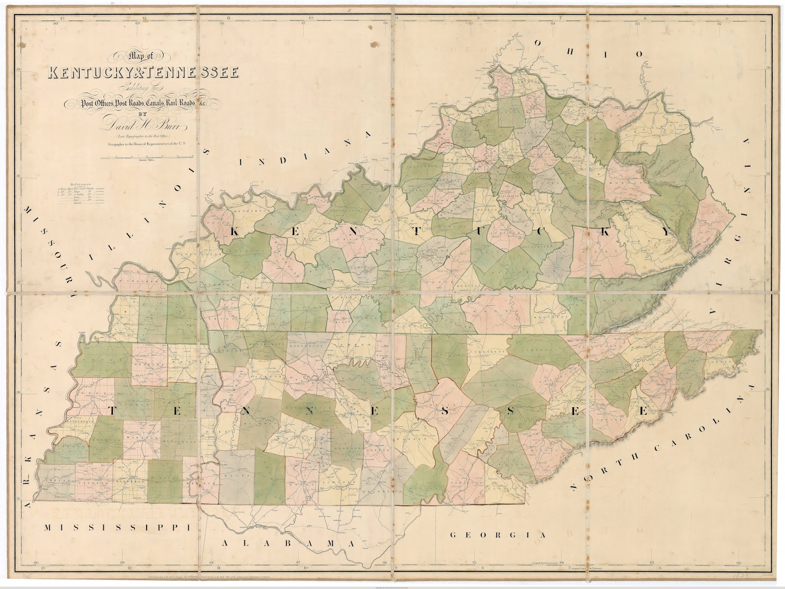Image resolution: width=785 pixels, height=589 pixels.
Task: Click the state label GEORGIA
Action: click(x=497, y=535)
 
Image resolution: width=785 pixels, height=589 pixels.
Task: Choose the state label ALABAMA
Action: click(x=288, y=544)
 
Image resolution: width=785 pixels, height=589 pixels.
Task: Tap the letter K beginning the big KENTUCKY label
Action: click(x=235, y=232)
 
